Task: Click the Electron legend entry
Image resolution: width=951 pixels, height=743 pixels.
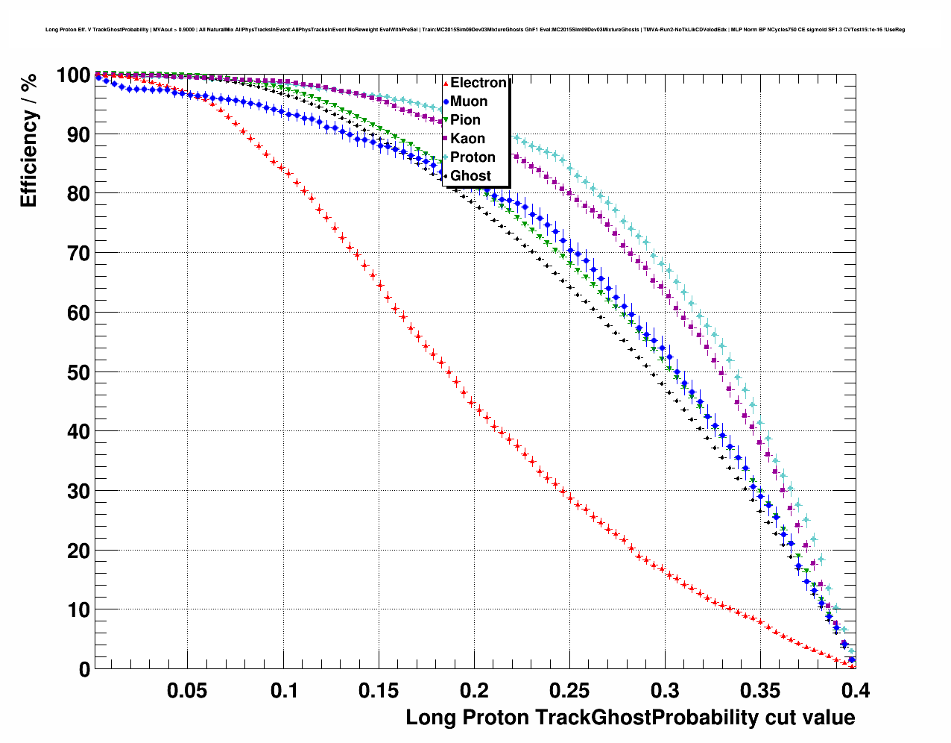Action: click(x=478, y=83)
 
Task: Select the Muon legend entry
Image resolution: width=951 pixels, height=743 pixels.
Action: click(x=468, y=101)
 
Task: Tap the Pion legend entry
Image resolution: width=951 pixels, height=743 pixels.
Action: click(x=465, y=120)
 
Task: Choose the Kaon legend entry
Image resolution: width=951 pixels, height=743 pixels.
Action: click(x=467, y=139)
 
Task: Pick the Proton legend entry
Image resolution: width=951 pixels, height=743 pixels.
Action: click(x=473, y=157)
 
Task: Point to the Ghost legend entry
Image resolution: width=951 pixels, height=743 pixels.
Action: click(x=470, y=176)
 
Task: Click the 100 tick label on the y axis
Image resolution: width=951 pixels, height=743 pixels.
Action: click(x=73, y=75)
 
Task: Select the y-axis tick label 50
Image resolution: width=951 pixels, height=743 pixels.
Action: click(x=78, y=372)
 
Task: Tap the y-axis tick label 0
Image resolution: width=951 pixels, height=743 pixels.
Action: click(x=84, y=670)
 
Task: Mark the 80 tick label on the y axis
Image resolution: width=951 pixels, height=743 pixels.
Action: click(x=78, y=194)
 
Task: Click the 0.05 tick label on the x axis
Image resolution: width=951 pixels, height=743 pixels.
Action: click(x=187, y=691)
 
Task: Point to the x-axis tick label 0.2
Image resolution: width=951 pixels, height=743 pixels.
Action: click(x=474, y=691)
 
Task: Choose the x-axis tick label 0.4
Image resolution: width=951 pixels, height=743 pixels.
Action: click(x=855, y=691)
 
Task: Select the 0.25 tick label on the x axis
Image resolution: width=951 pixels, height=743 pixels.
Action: click(x=569, y=691)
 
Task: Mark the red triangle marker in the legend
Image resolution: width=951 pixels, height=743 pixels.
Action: click(x=446, y=83)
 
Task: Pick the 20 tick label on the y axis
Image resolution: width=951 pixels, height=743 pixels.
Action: click(x=78, y=551)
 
